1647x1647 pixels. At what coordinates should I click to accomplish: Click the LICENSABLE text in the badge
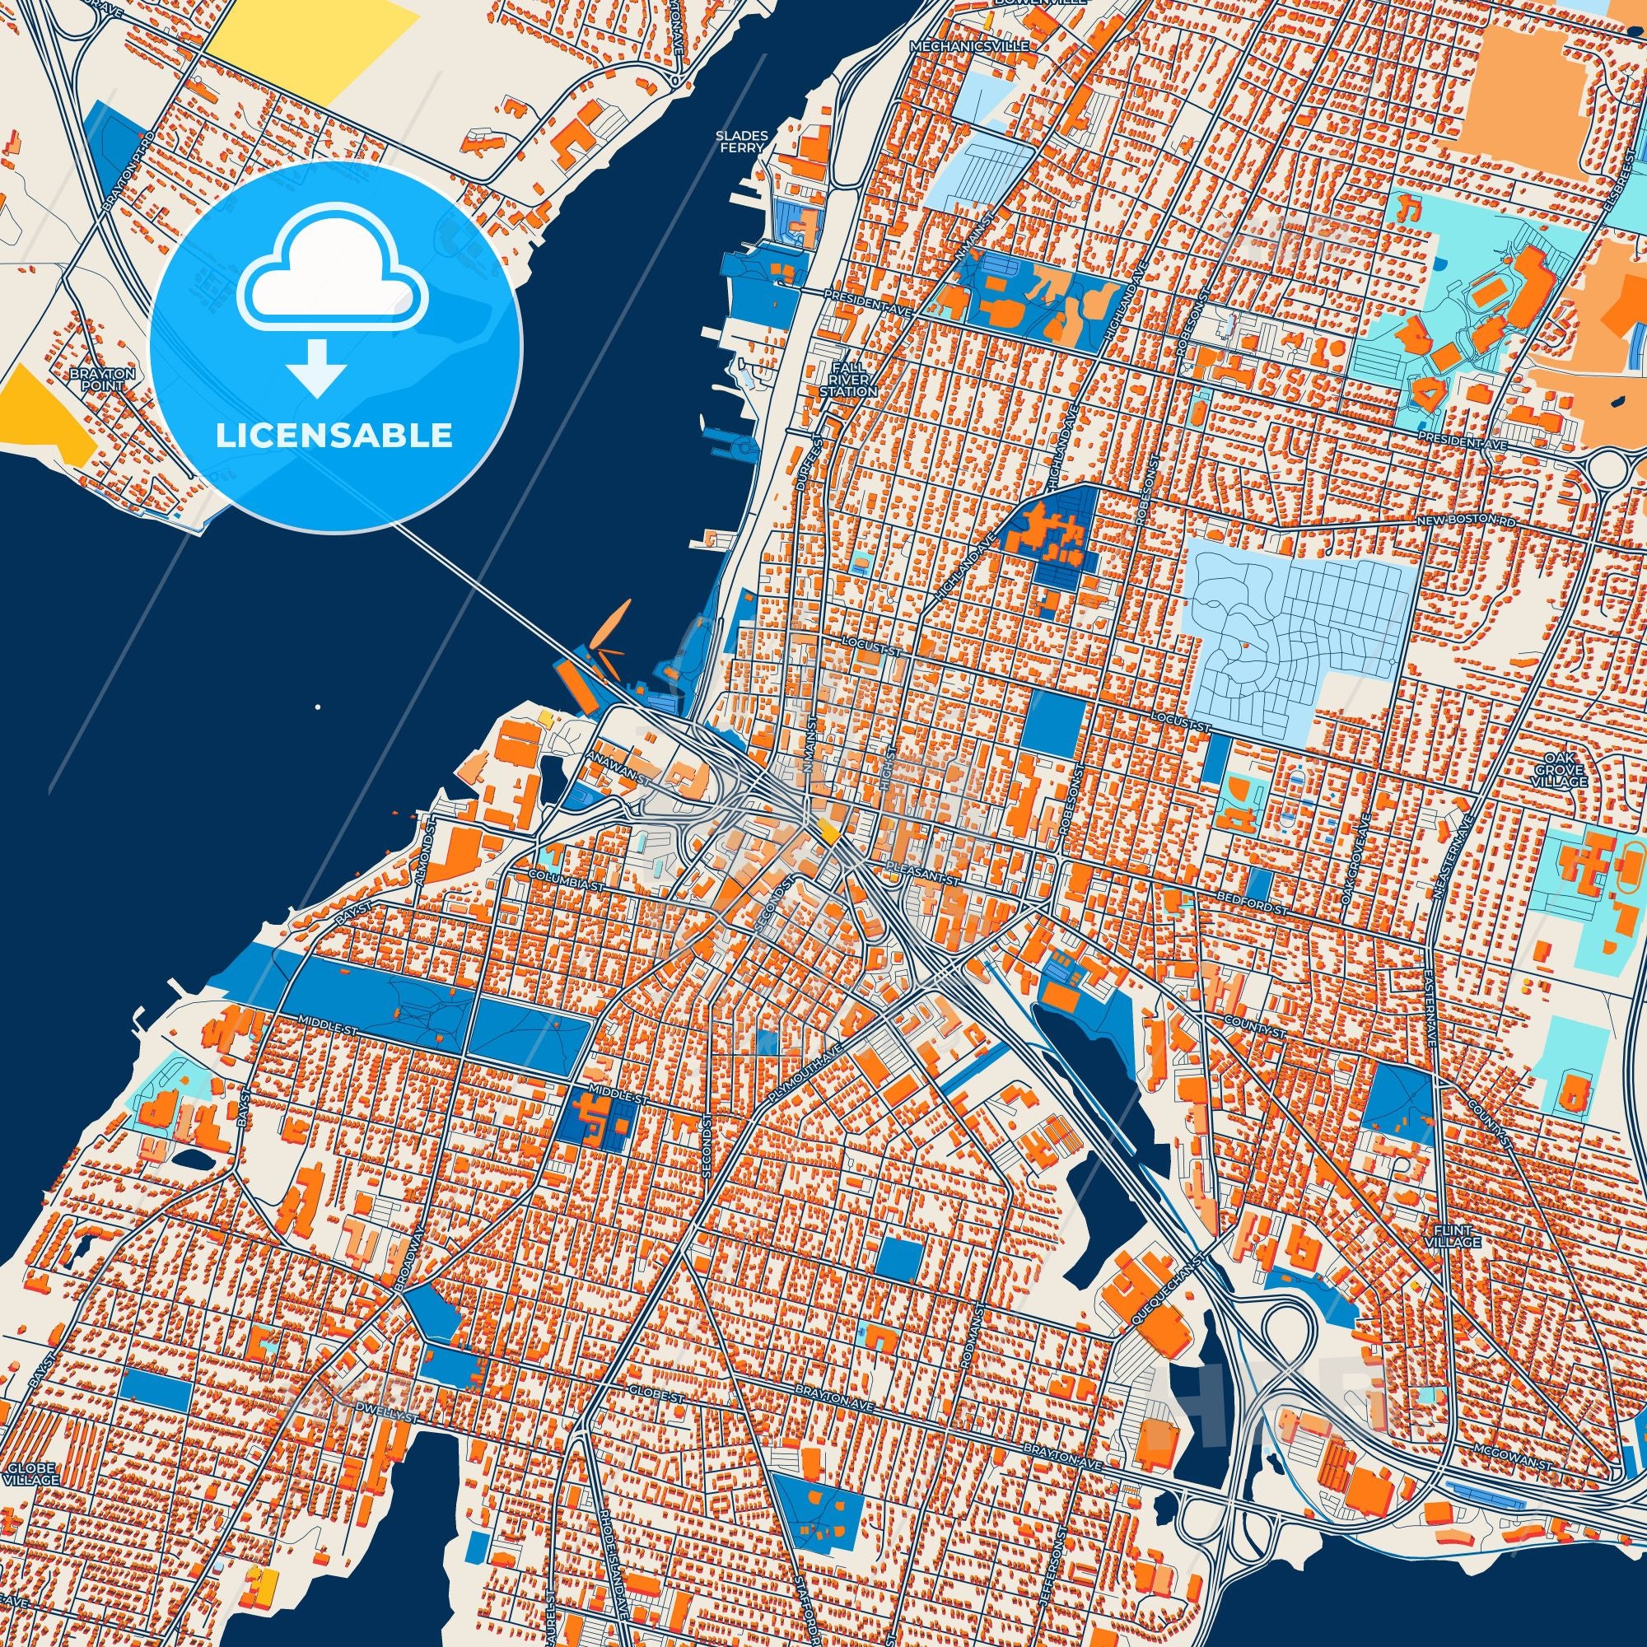[334, 436]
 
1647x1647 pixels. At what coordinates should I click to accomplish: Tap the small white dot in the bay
[317, 707]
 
